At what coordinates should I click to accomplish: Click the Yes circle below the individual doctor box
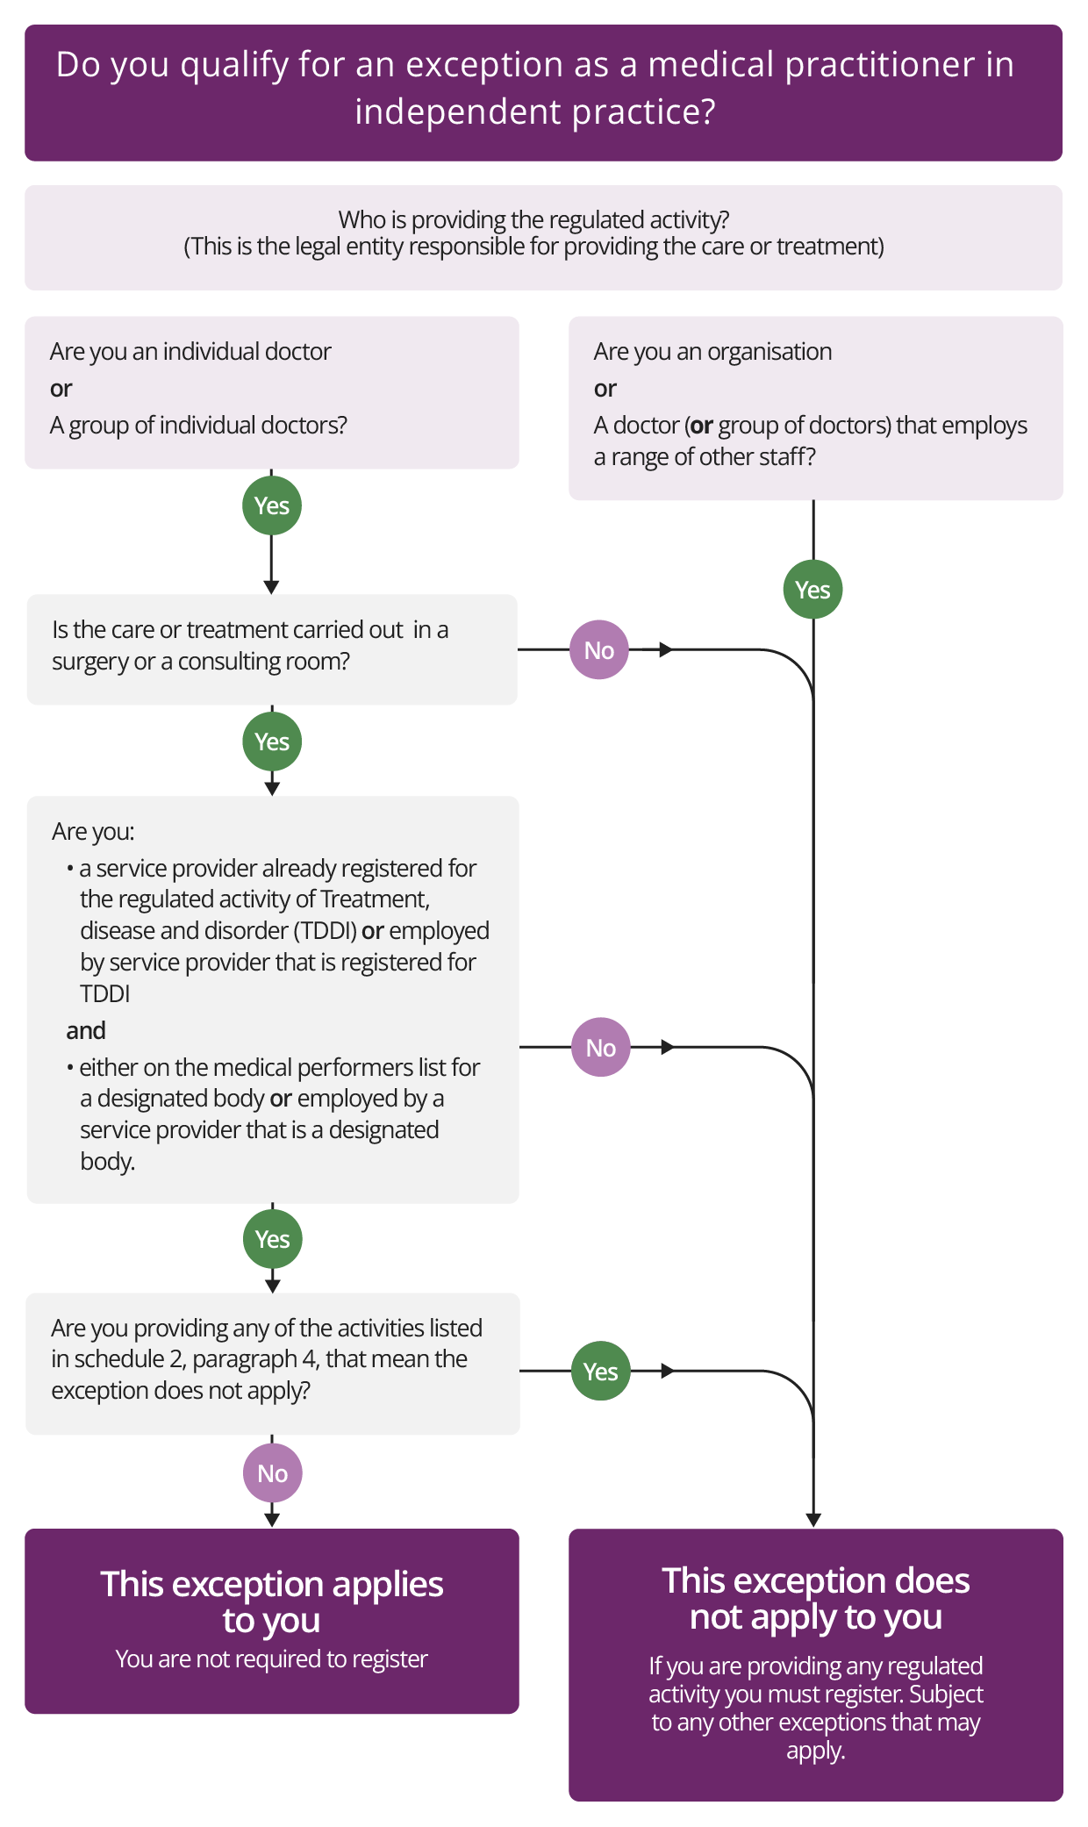(272, 505)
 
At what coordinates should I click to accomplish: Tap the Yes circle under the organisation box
(812, 590)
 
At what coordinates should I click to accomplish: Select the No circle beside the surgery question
(599, 650)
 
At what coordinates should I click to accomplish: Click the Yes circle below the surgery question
(272, 742)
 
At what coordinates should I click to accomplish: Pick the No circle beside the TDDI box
(601, 1048)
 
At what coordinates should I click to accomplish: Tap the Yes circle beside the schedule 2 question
(601, 1372)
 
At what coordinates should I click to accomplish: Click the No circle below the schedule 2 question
(273, 1473)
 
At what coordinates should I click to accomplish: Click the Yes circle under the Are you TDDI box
(273, 1239)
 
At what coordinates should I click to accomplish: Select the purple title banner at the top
(543, 92)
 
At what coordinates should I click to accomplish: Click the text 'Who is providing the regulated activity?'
(533, 219)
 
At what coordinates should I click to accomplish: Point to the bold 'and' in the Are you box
(86, 1030)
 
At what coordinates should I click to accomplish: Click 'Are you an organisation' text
(712, 352)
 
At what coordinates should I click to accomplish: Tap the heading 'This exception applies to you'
(271, 1601)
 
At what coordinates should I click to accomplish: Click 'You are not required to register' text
(271, 1659)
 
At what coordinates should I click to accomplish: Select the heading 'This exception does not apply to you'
(815, 1598)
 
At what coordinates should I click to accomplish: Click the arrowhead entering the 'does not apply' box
(813, 1520)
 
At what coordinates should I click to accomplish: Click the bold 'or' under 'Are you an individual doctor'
(61, 389)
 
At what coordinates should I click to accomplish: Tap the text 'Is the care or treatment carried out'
(228, 630)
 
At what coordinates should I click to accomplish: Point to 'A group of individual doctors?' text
(198, 426)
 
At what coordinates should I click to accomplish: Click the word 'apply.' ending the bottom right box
(815, 1751)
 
